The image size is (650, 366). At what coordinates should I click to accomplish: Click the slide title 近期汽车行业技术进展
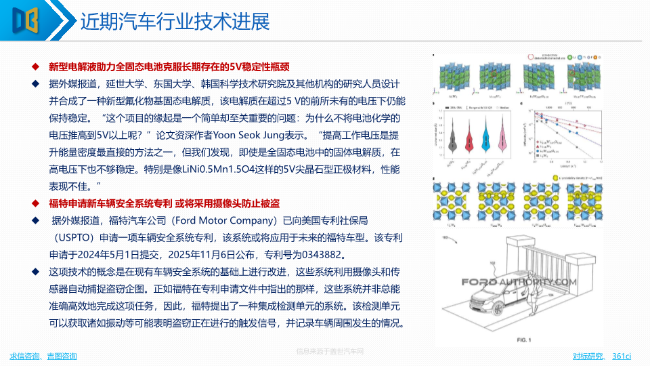(x=175, y=22)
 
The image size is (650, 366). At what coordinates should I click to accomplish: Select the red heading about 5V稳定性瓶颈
(x=169, y=66)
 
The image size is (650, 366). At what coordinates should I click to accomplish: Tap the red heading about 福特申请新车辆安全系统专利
(x=165, y=203)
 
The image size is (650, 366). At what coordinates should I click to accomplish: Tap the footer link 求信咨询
(x=24, y=357)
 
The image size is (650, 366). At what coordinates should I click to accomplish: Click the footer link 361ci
(x=622, y=357)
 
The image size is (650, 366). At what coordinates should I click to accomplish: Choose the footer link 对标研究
(x=588, y=357)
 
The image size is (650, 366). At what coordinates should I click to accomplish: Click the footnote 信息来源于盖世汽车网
(x=330, y=352)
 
